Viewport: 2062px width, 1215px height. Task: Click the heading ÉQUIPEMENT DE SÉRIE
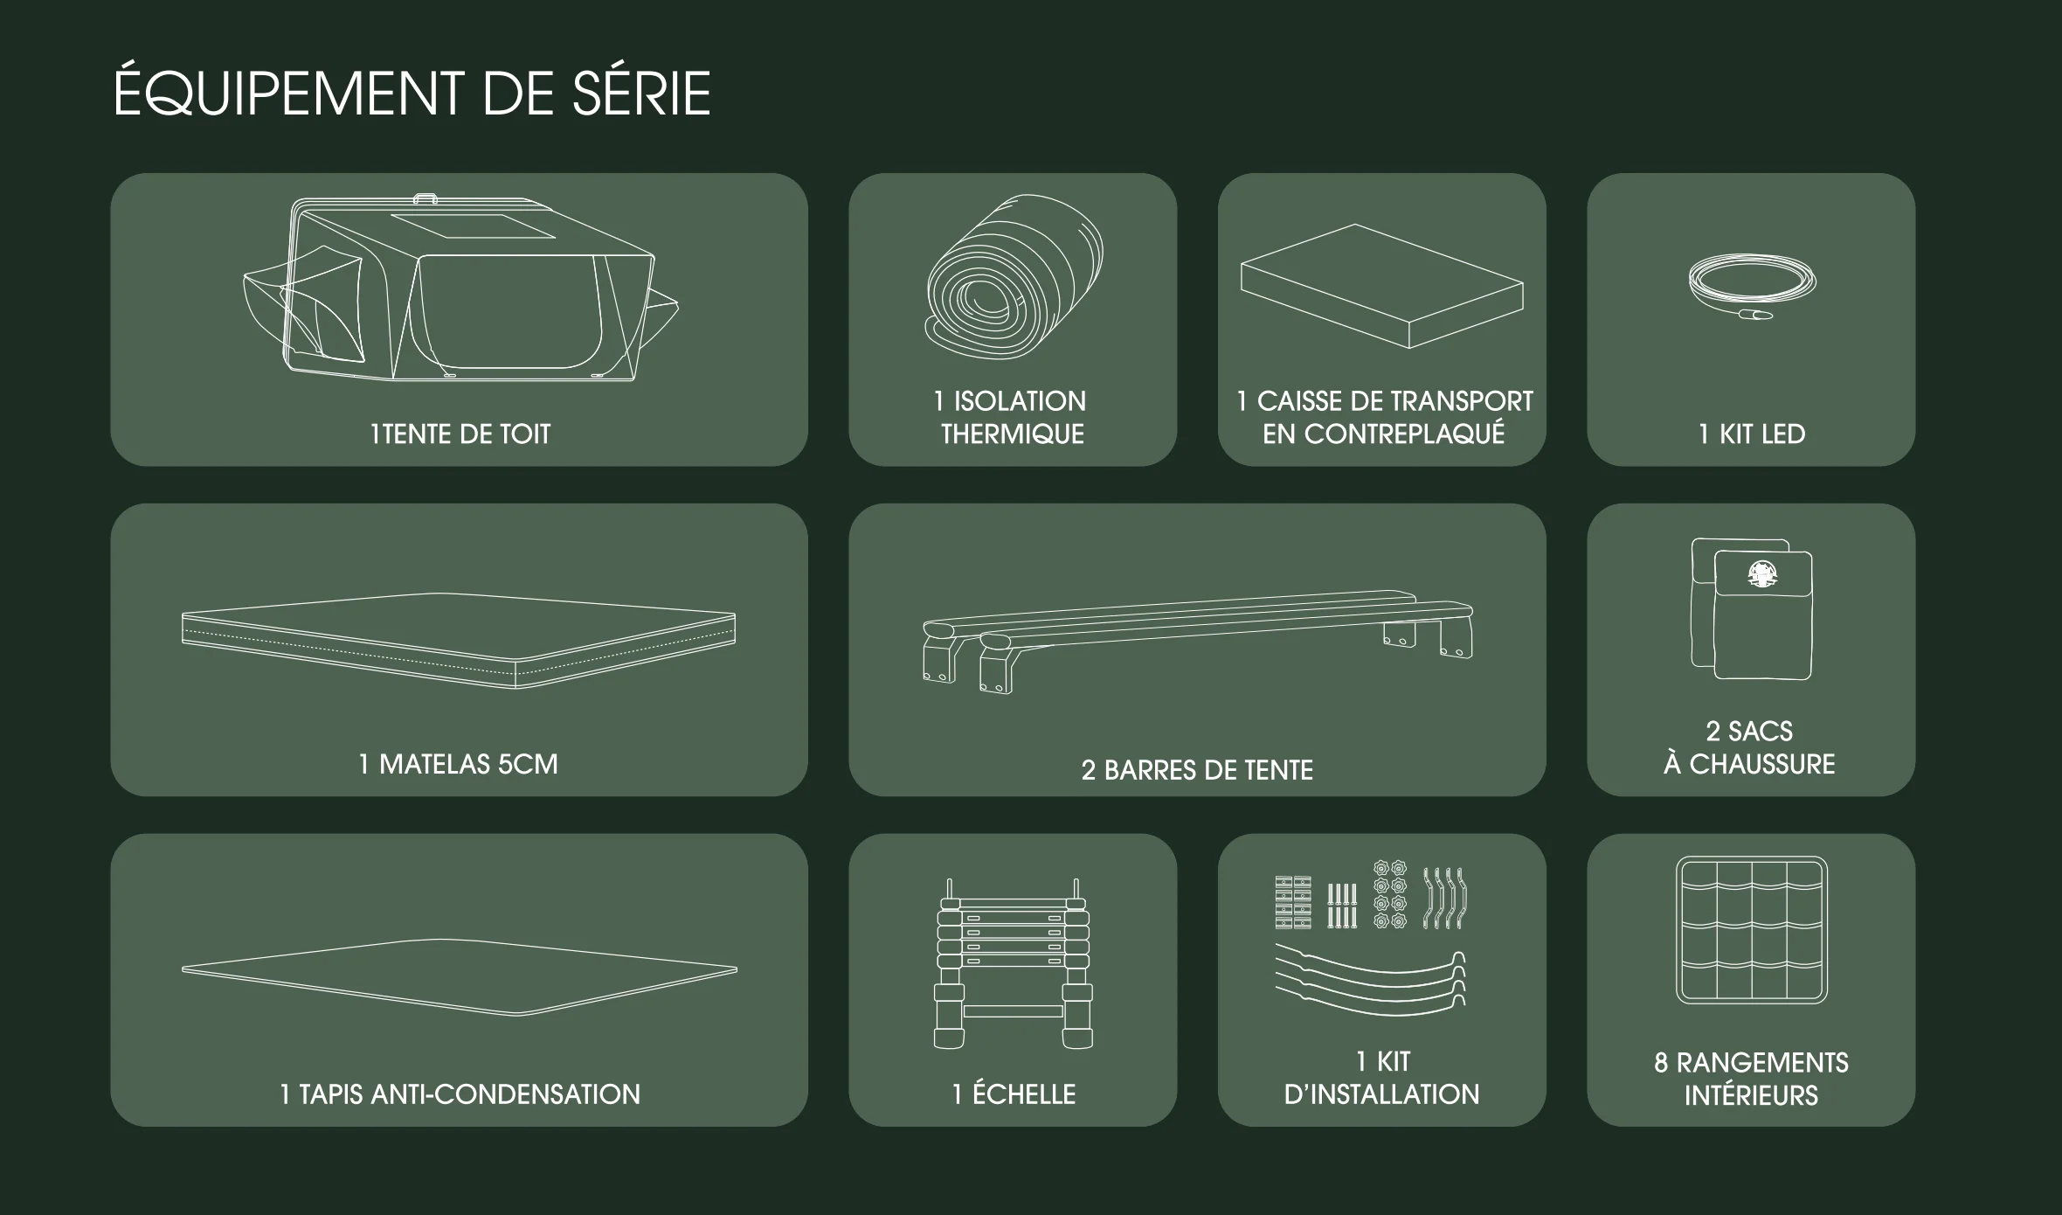point(412,91)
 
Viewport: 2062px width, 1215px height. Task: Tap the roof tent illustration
point(460,288)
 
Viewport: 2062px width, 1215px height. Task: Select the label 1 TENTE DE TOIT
point(460,434)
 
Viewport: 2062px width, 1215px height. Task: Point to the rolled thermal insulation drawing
point(1014,276)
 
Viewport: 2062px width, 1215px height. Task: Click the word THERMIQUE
point(1013,434)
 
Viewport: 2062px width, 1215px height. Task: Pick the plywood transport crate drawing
point(1382,286)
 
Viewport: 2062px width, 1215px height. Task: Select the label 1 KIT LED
point(1752,434)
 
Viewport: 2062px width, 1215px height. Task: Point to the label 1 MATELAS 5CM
point(459,764)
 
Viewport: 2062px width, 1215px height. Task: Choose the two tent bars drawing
point(1198,641)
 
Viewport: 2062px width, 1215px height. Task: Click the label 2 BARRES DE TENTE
point(1197,770)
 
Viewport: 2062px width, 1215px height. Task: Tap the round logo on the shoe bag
point(1762,573)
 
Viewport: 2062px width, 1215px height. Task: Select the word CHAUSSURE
point(1762,764)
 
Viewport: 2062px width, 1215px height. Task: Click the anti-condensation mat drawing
point(459,976)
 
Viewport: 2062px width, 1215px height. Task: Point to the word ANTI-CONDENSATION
point(506,1094)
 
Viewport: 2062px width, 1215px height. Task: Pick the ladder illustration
point(1014,963)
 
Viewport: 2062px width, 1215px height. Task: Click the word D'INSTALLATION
point(1382,1094)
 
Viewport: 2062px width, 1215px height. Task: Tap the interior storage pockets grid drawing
point(1752,929)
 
